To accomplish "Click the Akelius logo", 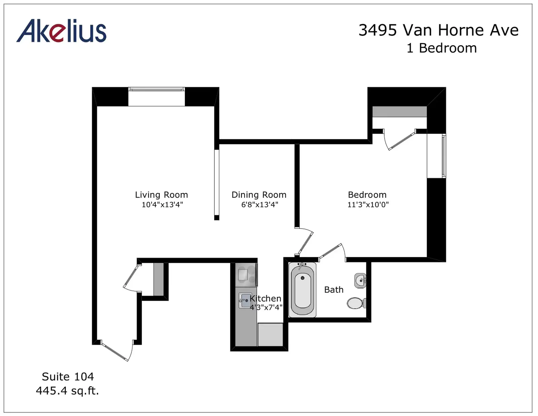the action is (x=62, y=31).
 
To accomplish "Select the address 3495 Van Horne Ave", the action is (x=438, y=31).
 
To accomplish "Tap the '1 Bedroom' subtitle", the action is (x=442, y=48).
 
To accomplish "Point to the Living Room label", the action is (x=161, y=195).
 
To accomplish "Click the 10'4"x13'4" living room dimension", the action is (x=162, y=205).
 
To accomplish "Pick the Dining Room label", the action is (x=259, y=195).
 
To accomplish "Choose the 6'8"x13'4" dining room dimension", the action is (x=260, y=205).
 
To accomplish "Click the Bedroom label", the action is (x=367, y=195).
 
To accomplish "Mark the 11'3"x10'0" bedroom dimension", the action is (x=368, y=205).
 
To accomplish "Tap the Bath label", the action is (x=334, y=290).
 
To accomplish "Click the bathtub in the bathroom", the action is (x=302, y=290).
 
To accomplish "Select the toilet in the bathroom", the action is (x=356, y=303).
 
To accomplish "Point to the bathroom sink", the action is (x=360, y=280).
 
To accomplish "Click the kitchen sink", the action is (x=245, y=300).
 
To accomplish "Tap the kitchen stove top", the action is (x=246, y=275).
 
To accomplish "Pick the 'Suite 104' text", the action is (x=68, y=377).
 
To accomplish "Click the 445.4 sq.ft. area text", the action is (x=67, y=391).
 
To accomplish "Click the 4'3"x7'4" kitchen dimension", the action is (x=266, y=308).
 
